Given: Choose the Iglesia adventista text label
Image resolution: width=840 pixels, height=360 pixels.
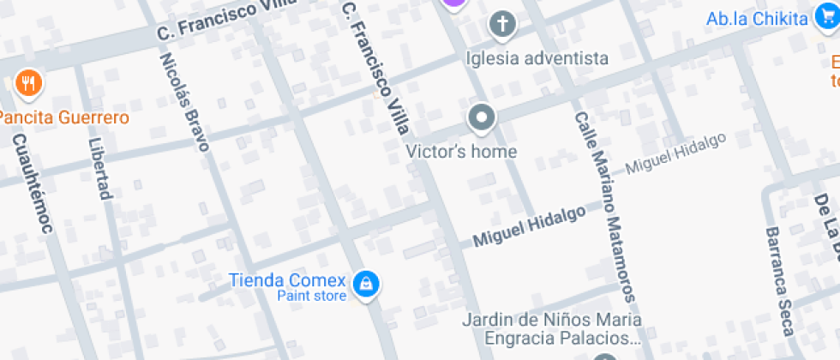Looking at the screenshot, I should (537, 58).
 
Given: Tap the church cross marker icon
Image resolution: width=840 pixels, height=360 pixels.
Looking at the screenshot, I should (503, 25).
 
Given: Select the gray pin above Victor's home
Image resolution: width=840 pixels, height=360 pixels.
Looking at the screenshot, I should (482, 118).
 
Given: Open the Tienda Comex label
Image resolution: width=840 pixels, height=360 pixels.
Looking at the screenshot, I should (287, 280).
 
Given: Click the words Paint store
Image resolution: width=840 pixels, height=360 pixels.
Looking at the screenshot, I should (312, 297).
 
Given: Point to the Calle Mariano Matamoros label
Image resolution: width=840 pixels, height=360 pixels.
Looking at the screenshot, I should (605, 206).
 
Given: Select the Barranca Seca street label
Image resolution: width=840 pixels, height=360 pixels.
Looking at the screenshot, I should (780, 280).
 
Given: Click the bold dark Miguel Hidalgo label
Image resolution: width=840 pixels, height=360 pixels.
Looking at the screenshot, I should (529, 226).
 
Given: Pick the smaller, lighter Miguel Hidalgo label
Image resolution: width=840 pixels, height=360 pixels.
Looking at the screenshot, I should (675, 154).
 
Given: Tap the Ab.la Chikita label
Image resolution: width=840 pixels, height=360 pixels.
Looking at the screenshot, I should (758, 19).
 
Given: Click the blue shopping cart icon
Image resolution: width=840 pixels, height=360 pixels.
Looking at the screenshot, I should (826, 17).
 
